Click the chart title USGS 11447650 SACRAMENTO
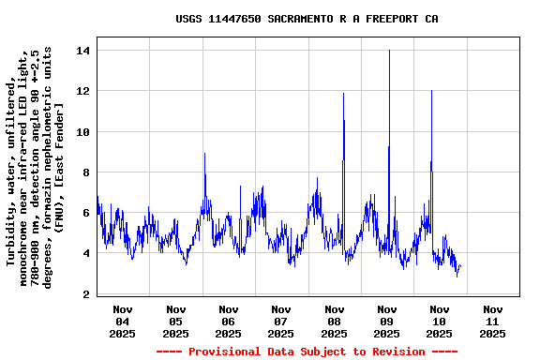tap(307, 19)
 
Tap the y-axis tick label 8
tap(86, 172)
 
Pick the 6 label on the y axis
tap(86, 213)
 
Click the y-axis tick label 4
tap(86, 253)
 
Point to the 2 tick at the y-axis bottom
tap(86, 294)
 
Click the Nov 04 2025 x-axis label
tap(123, 321)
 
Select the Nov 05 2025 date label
tap(175, 321)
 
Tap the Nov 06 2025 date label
tap(228, 321)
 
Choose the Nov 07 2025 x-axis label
tap(280, 321)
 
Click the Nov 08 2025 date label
tap(334, 321)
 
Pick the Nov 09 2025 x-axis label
tap(386, 321)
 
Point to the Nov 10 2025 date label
tap(439, 321)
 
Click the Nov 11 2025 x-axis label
tap(491, 321)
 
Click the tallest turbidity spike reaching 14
tap(389, 52)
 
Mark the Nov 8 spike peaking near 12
tap(344, 95)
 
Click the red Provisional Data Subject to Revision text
tap(307, 352)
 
